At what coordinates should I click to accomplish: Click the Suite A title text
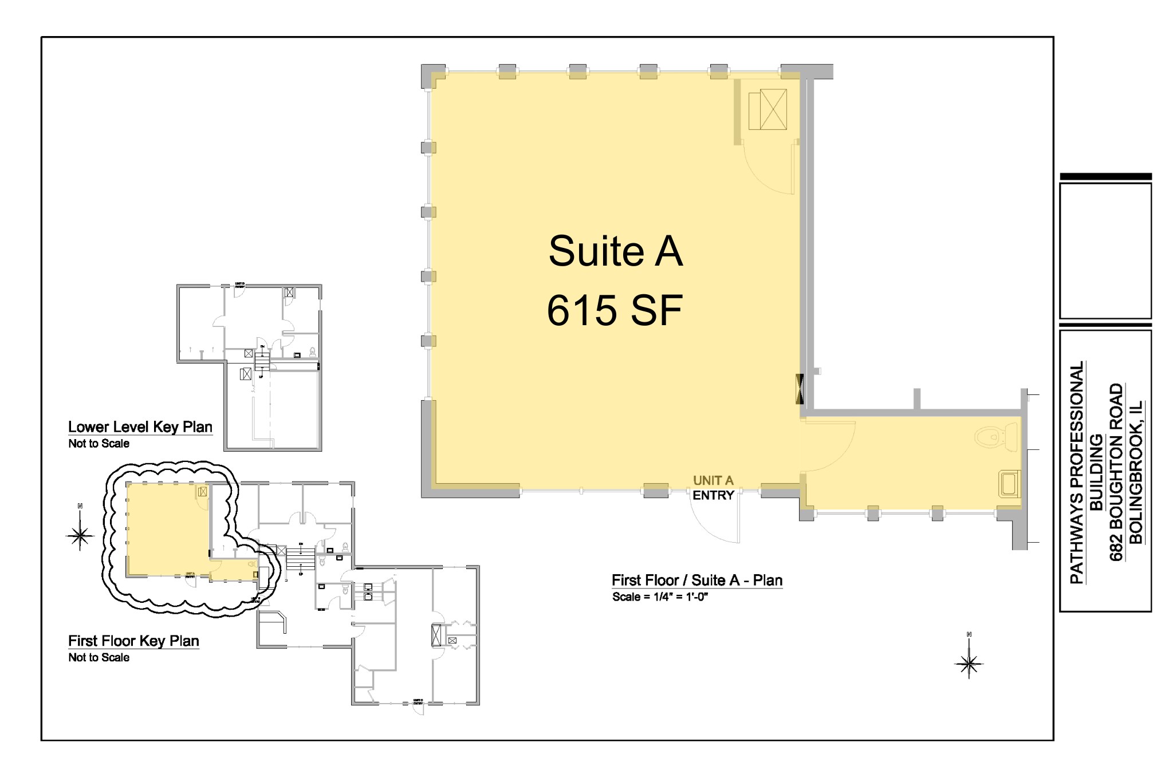point(615,251)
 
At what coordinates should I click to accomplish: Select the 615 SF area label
point(615,310)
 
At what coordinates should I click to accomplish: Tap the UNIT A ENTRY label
point(713,488)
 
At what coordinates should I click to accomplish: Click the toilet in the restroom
point(997,437)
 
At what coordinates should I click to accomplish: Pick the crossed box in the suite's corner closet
point(773,109)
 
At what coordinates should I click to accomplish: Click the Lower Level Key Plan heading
point(140,427)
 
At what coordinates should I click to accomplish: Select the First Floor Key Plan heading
point(133,641)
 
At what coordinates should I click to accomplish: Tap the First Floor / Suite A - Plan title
point(696,580)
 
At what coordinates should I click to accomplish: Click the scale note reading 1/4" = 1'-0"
point(660,597)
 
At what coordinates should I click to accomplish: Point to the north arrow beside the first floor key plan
point(80,534)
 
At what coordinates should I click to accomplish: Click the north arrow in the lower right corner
point(969,663)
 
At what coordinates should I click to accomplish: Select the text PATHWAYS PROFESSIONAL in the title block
point(1077,472)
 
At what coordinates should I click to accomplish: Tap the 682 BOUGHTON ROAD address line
point(1116,472)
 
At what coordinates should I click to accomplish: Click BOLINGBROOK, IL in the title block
point(1135,472)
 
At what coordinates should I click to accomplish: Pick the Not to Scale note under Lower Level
point(99,444)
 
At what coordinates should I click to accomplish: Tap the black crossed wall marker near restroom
point(800,388)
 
